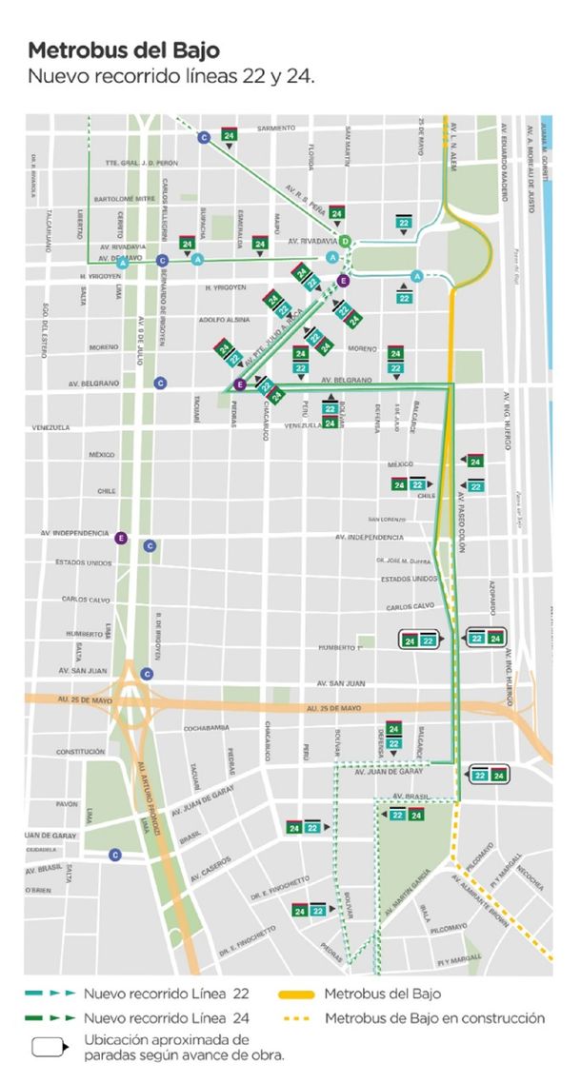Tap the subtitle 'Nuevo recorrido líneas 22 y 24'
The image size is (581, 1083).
pos(170,76)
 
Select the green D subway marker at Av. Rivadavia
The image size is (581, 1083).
pos(346,241)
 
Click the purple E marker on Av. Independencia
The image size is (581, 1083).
pos(121,538)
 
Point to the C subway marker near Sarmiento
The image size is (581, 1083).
pos(203,138)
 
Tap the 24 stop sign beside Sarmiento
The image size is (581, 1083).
pos(229,135)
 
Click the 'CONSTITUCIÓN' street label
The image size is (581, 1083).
pos(53,752)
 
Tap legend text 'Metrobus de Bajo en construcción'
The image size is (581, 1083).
pos(435,1018)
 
